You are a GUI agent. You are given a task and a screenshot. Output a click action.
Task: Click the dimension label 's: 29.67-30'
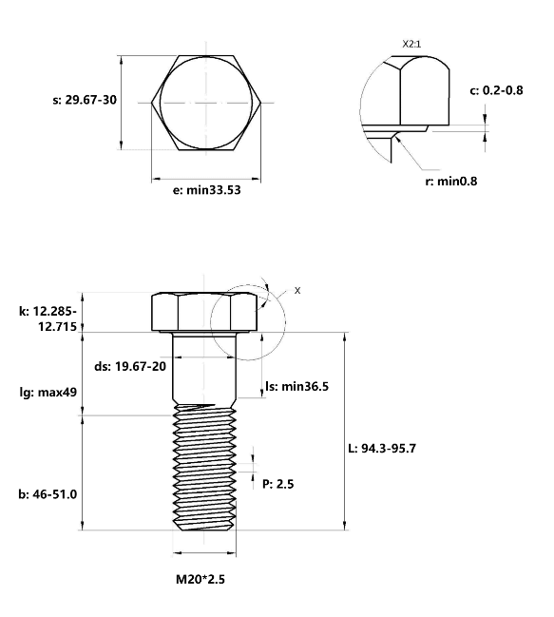tap(85, 100)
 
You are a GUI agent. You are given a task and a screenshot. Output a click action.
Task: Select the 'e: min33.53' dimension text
tap(207, 190)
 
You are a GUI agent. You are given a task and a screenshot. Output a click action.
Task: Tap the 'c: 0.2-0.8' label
tap(496, 90)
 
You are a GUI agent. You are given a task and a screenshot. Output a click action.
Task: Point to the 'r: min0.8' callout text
tap(451, 181)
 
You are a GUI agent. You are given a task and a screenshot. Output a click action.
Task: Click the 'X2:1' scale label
tap(411, 44)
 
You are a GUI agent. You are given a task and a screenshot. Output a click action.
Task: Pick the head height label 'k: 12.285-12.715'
tap(48, 318)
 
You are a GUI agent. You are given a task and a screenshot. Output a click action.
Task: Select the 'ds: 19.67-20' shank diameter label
tap(130, 366)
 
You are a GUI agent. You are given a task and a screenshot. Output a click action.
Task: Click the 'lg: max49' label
tap(48, 393)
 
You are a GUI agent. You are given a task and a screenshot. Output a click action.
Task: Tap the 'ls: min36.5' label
tap(296, 386)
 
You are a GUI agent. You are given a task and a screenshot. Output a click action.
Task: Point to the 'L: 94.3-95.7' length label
tap(382, 448)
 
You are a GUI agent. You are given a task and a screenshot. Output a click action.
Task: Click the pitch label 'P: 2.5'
tap(278, 484)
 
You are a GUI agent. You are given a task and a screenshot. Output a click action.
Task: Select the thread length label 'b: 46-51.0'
tap(48, 493)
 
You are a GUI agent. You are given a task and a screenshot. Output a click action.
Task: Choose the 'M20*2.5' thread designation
tap(201, 579)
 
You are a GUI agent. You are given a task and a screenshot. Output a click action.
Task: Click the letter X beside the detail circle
tap(297, 290)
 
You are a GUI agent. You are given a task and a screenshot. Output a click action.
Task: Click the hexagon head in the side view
tap(204, 312)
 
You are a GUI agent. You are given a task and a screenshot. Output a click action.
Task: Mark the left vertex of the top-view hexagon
tap(152, 103)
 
